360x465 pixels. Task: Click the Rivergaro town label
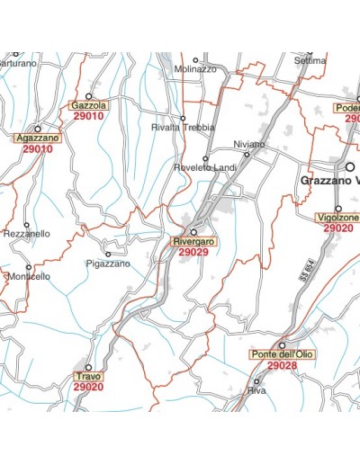193,242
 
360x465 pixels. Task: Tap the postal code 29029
193,253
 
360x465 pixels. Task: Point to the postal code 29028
281,366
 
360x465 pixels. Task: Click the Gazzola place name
88,105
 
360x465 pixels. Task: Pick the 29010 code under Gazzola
88,116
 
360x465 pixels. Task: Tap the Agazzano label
38,139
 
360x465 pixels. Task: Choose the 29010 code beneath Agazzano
38,149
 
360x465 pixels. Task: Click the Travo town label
88,376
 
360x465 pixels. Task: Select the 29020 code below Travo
88,387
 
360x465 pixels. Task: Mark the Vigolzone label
338,218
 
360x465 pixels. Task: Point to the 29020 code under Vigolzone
338,228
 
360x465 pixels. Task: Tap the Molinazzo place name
197,69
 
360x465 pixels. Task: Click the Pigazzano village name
108,264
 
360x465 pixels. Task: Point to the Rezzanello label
27,234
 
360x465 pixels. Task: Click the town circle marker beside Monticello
28,266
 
